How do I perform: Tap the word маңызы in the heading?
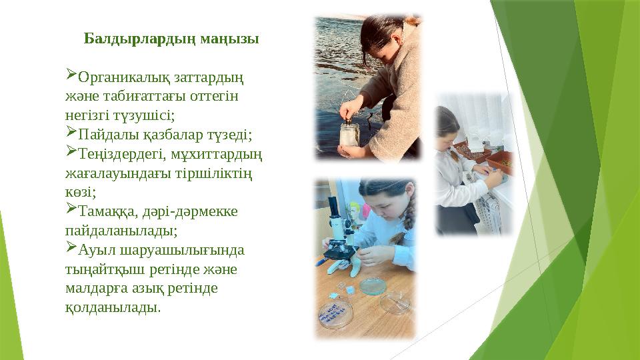click(x=230, y=38)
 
